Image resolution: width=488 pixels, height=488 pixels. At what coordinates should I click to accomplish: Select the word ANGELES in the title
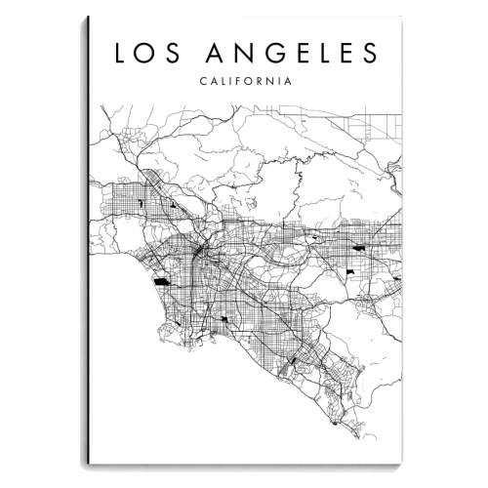(292, 52)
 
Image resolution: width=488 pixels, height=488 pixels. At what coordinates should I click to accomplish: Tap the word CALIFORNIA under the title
(243, 82)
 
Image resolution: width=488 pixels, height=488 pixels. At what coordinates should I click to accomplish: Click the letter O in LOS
(146, 52)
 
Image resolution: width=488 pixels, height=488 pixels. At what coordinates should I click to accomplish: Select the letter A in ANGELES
(209, 52)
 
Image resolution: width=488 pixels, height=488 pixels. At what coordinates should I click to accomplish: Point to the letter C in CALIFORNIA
(201, 82)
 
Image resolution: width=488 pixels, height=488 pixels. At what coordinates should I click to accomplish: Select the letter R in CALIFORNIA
(262, 82)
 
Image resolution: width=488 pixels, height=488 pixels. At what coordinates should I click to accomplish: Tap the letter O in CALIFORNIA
(249, 82)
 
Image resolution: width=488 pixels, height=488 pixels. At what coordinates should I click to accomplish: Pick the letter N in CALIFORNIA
(273, 82)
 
